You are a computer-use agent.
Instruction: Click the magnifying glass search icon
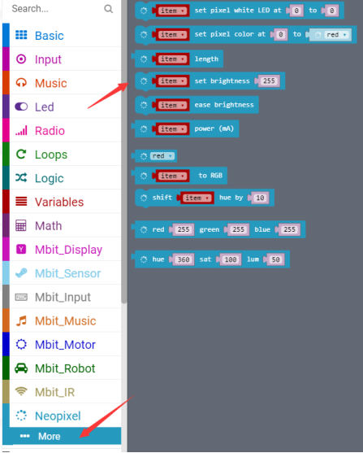(108, 9)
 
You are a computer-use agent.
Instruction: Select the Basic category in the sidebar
(50, 36)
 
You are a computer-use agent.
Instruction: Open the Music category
(51, 83)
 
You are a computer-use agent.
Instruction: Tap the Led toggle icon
(21, 107)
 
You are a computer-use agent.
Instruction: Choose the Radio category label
(50, 131)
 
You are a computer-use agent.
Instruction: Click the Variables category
(59, 202)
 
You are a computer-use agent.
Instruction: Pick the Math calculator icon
(21, 225)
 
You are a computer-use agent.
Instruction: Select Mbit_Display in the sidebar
(68, 250)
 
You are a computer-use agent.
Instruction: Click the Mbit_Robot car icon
(21, 368)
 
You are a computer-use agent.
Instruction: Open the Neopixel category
(58, 416)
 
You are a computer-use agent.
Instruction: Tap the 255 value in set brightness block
(269, 81)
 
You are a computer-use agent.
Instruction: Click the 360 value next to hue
(184, 259)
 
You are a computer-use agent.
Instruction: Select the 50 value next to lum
(275, 259)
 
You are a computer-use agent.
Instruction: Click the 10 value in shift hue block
(260, 198)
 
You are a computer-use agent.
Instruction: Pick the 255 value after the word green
(238, 229)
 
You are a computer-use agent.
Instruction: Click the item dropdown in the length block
(172, 59)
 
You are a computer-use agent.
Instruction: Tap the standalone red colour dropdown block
(162, 156)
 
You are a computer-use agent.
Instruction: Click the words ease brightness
(224, 105)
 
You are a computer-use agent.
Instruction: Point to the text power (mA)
(214, 128)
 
